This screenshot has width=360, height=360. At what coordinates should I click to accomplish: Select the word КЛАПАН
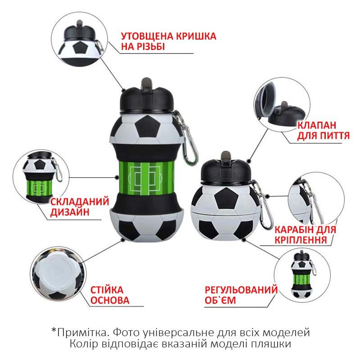click(317, 126)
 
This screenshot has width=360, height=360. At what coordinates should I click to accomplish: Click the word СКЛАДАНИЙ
click(80, 202)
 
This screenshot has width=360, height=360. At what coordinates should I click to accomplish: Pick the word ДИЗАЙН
click(70, 212)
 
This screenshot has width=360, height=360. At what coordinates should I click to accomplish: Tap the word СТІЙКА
click(107, 290)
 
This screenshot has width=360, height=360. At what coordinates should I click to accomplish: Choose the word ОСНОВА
click(110, 300)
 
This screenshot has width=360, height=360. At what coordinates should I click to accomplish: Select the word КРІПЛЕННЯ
click(301, 240)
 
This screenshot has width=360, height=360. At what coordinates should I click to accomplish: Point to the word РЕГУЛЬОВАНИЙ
click(241, 290)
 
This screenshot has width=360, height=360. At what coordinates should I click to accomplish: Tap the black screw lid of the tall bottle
click(147, 100)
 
